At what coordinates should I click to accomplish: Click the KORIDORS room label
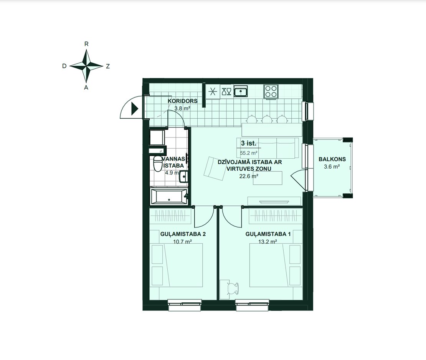[183, 101]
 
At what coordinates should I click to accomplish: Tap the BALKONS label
[332, 159]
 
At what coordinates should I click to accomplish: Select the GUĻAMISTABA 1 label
[268, 234]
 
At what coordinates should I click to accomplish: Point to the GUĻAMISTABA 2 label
[183, 234]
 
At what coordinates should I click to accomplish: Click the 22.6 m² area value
[249, 176]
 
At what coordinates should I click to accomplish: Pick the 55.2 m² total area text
[249, 153]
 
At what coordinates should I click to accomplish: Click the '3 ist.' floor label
[249, 143]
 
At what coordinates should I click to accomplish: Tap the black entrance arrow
[135, 109]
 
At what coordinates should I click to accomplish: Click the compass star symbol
[86, 66]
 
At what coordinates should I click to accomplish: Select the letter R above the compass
[86, 44]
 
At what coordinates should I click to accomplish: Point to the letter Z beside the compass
[108, 66]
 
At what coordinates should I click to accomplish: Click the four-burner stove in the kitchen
[271, 91]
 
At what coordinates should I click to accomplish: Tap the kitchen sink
[241, 91]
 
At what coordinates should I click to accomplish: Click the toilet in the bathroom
[157, 163]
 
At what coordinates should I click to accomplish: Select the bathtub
[169, 197]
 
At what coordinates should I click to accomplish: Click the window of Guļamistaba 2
[185, 305]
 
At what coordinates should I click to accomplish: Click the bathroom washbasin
[184, 176]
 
